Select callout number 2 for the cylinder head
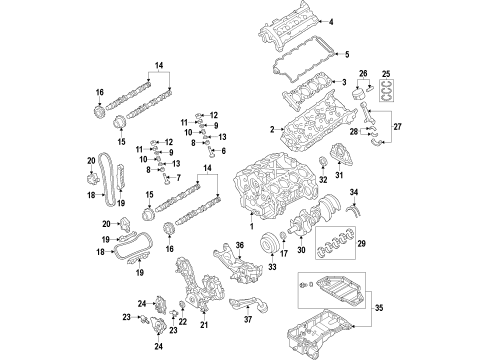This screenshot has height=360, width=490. coord(270,130)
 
